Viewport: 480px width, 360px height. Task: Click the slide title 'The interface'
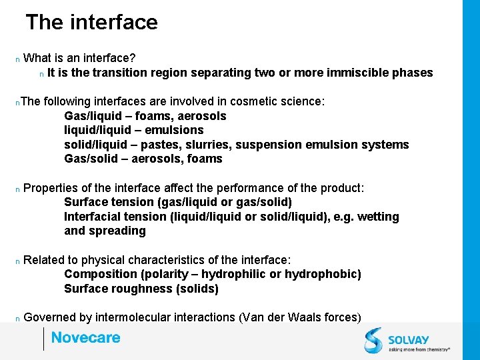pyautogui.click(x=91, y=23)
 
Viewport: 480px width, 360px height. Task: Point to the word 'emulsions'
pyautogui.click(x=175, y=130)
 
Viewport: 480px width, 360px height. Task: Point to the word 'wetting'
pyautogui.click(x=378, y=217)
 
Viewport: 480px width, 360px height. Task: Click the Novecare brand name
pyautogui.click(x=86, y=338)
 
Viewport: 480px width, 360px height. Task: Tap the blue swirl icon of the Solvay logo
pyautogui.click(x=373, y=339)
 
